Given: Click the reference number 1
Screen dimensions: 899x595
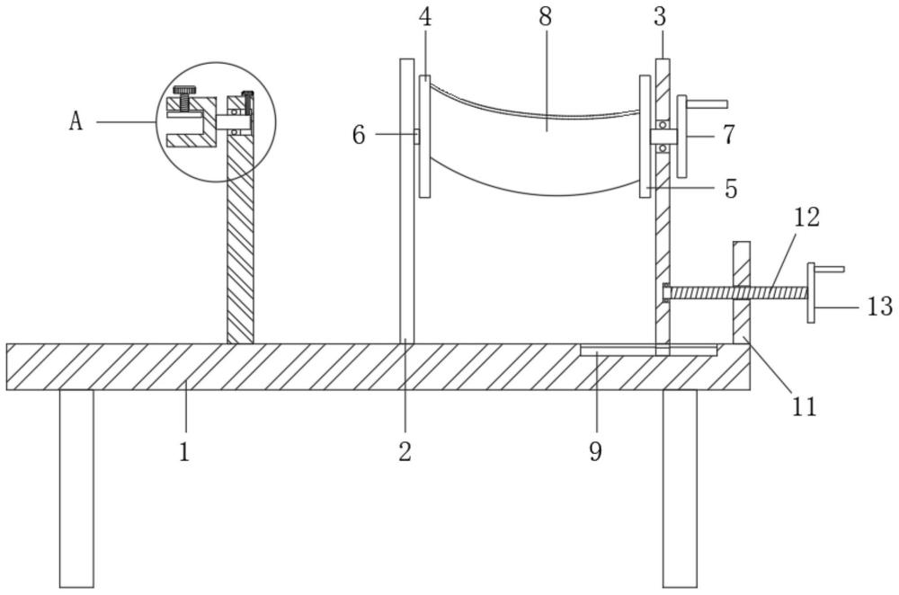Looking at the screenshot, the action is (x=184, y=452).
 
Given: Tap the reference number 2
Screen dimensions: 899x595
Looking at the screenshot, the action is (x=405, y=452).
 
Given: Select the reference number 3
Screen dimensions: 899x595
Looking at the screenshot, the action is (x=660, y=16).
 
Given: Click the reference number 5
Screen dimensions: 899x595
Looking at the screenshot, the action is (x=730, y=189).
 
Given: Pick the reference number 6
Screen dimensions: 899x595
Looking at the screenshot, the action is (x=359, y=136).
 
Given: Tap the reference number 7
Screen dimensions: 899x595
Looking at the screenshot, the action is (x=728, y=136).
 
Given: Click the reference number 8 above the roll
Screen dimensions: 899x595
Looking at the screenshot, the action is (x=546, y=16).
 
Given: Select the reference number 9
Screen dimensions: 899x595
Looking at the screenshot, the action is (x=596, y=452).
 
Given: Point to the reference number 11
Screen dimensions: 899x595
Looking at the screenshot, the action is (x=804, y=406).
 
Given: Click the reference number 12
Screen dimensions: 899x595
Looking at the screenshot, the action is (x=806, y=218).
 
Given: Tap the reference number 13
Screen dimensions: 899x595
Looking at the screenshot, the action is (x=880, y=306).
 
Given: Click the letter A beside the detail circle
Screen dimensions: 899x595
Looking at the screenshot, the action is (x=76, y=121).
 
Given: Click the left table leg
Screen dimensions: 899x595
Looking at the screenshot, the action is (x=76, y=488).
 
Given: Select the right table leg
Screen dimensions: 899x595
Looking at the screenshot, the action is (x=680, y=488).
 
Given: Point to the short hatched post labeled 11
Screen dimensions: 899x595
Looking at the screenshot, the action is (x=742, y=292).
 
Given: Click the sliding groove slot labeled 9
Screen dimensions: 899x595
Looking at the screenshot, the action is (x=648, y=350).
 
